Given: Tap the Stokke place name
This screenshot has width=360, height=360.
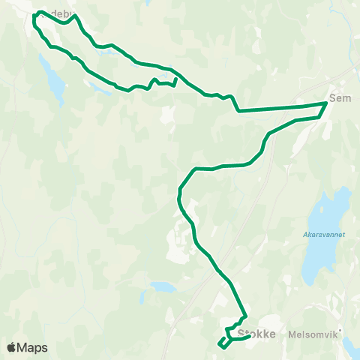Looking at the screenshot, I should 256,334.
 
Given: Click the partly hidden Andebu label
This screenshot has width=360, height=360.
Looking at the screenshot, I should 57,13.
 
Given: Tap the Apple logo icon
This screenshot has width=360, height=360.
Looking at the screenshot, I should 11,347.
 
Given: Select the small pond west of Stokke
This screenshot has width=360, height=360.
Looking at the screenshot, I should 162,286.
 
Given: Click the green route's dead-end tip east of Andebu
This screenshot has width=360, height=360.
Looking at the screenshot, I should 175,79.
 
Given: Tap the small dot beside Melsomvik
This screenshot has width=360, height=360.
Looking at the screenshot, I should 339,330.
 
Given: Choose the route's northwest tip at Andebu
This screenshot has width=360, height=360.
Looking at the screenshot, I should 35,14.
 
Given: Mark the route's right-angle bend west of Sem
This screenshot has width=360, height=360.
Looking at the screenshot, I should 238,110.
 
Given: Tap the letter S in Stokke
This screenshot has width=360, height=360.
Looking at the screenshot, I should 240,334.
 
